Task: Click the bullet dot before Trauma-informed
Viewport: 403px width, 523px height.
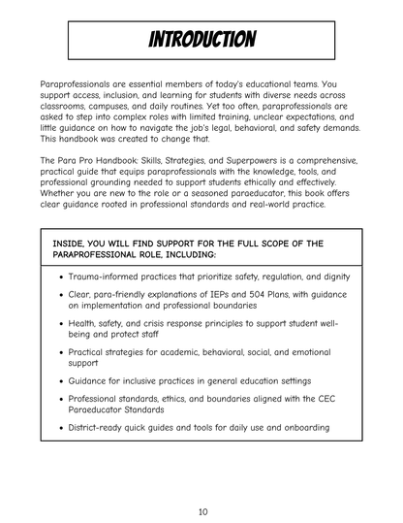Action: (61, 278)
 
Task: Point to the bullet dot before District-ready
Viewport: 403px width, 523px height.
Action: (61, 426)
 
